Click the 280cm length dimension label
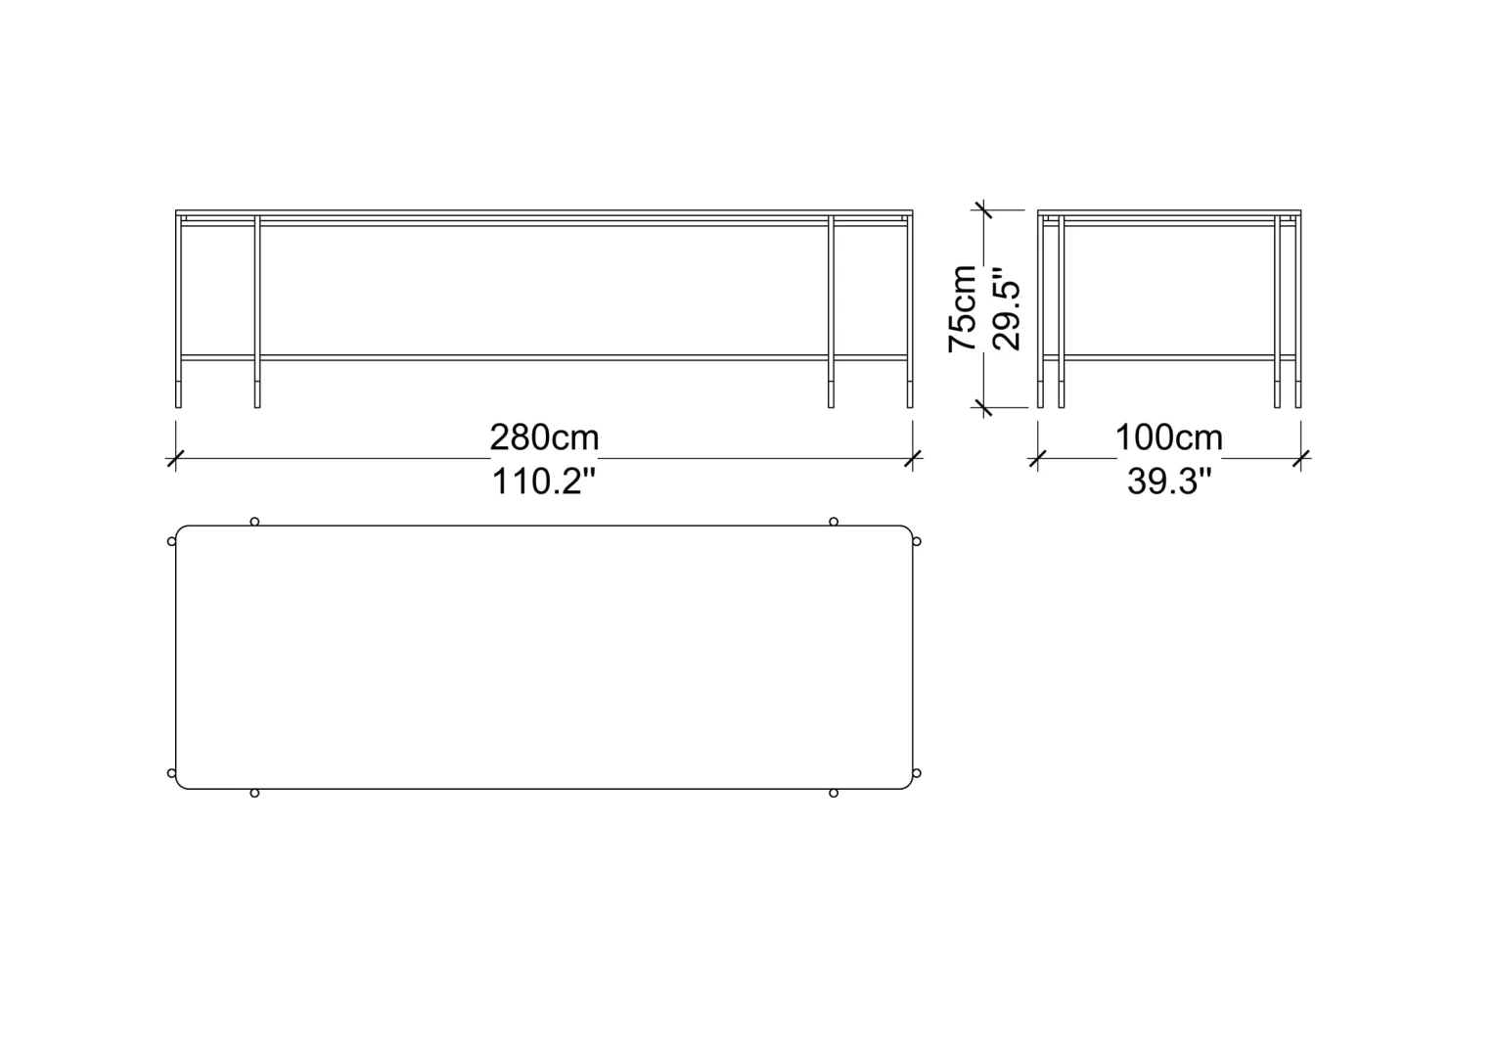tap(544, 438)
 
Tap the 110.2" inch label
tap(543, 481)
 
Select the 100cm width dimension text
tap(1168, 438)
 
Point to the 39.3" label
tap(1169, 481)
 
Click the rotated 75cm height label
tap(963, 308)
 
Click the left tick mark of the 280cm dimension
tap(175, 459)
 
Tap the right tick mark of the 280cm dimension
tap(912, 459)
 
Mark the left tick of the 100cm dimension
tap(1037, 459)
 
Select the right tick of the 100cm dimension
tap(1300, 459)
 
